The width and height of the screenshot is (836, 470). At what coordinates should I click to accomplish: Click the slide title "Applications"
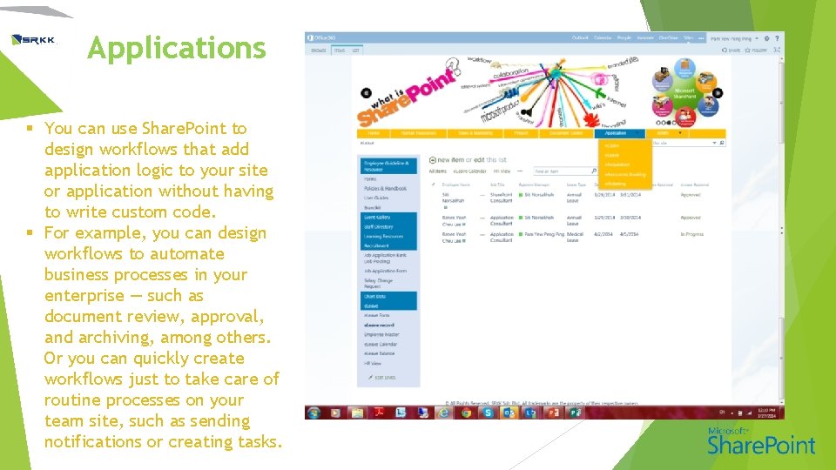pyautogui.click(x=176, y=48)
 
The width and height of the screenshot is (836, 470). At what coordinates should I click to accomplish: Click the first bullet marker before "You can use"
pyautogui.click(x=30, y=129)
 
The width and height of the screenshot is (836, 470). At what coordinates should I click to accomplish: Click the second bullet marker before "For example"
pyautogui.click(x=30, y=233)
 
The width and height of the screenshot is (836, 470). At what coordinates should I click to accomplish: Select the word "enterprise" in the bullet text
pyautogui.click(x=85, y=295)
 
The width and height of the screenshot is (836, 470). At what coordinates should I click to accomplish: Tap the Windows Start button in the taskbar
pyautogui.click(x=314, y=413)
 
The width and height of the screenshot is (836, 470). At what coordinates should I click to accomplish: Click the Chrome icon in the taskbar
pyautogui.click(x=466, y=413)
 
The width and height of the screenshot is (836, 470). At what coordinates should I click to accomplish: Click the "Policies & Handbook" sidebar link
pyautogui.click(x=385, y=189)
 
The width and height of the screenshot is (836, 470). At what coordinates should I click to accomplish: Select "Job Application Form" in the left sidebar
pyautogui.click(x=385, y=271)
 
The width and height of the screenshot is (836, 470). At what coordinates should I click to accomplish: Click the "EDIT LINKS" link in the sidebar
pyautogui.click(x=384, y=377)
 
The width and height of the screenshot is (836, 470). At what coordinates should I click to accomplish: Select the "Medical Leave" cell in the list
pyautogui.click(x=573, y=237)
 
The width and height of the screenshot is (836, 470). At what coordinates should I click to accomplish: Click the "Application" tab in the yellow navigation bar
pyautogui.click(x=616, y=133)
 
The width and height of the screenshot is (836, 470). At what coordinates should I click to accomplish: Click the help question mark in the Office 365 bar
pyautogui.click(x=777, y=38)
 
